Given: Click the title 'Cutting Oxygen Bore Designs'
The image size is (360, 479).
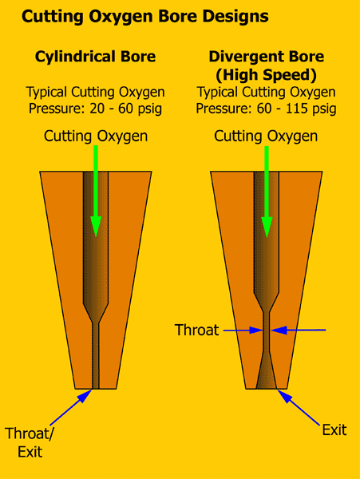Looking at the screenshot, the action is [x=145, y=17].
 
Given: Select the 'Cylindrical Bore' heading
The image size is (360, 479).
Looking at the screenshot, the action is [x=95, y=57].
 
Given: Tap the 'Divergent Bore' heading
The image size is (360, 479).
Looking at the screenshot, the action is [x=267, y=57].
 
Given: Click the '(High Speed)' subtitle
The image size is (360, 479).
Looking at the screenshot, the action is [x=267, y=75].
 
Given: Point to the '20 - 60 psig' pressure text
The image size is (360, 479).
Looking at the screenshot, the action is [x=126, y=109].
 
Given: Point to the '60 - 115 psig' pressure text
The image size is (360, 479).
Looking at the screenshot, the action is [x=296, y=109].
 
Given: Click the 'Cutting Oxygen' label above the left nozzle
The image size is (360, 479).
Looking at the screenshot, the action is [x=96, y=136].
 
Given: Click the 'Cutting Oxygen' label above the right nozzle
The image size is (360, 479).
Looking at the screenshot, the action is [x=266, y=136].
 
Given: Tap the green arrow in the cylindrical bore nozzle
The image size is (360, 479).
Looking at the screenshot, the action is [x=96, y=191].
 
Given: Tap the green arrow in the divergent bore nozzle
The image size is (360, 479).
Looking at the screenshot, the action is [x=267, y=192].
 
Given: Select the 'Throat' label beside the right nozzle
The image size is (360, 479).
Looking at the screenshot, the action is [x=197, y=330].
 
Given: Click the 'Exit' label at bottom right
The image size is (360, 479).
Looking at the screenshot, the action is [x=334, y=430].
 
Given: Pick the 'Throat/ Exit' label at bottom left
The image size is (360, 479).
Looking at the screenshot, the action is [x=29, y=442].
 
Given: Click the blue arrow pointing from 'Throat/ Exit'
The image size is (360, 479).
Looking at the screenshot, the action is [x=71, y=407].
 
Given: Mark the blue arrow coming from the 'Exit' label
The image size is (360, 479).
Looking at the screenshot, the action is [x=299, y=407].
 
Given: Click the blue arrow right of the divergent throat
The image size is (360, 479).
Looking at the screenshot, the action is [x=299, y=330].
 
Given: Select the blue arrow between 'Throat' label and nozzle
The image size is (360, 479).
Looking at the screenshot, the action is [x=243, y=331].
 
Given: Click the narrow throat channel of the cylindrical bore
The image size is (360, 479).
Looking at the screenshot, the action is [x=96, y=357].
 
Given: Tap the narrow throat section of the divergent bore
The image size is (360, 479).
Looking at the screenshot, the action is [x=267, y=332].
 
